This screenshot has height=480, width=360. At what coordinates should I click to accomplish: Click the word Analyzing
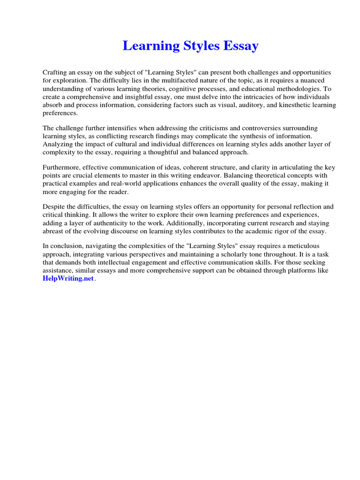point(58,144)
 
